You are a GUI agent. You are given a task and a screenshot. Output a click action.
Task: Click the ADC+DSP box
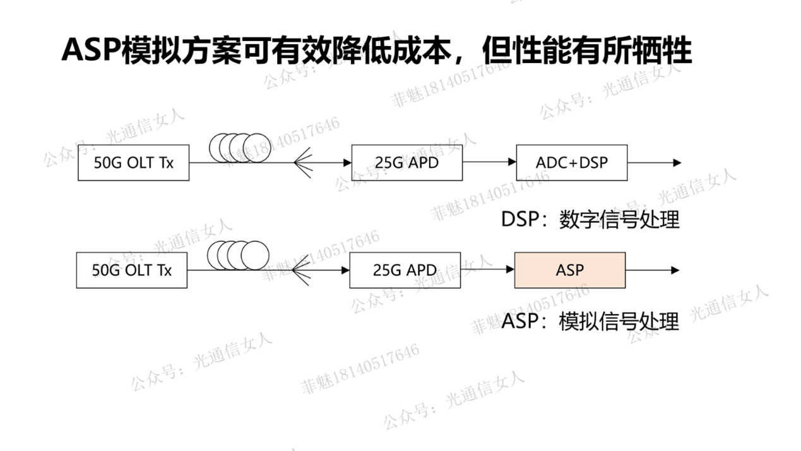coord(571,162)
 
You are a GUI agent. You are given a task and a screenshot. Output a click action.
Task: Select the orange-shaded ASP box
coord(569,270)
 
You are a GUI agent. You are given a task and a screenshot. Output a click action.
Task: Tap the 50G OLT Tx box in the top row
coord(133,162)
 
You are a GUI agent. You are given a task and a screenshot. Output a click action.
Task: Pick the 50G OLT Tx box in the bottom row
coord(131,270)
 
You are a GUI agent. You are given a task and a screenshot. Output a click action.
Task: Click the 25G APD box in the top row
coord(406,162)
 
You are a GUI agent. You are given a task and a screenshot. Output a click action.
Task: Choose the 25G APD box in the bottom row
coord(405,270)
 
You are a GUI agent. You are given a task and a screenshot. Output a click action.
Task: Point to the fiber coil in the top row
coord(239,148)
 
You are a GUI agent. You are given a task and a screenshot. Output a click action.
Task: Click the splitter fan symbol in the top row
coord(303,163)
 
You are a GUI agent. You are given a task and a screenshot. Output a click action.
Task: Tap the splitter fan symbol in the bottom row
coord(302,270)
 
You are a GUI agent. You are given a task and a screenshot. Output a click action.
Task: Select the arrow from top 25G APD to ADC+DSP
coord(489,162)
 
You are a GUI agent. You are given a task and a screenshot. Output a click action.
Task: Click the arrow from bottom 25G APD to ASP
coord(487,270)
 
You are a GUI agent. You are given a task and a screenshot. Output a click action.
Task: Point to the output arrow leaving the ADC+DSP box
coord(654,162)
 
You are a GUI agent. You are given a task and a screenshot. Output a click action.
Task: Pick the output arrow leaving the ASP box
coord(652,270)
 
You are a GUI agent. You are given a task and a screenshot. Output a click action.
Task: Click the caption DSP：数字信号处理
coord(590,219)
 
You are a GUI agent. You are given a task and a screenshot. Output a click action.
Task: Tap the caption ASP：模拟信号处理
coord(590,322)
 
